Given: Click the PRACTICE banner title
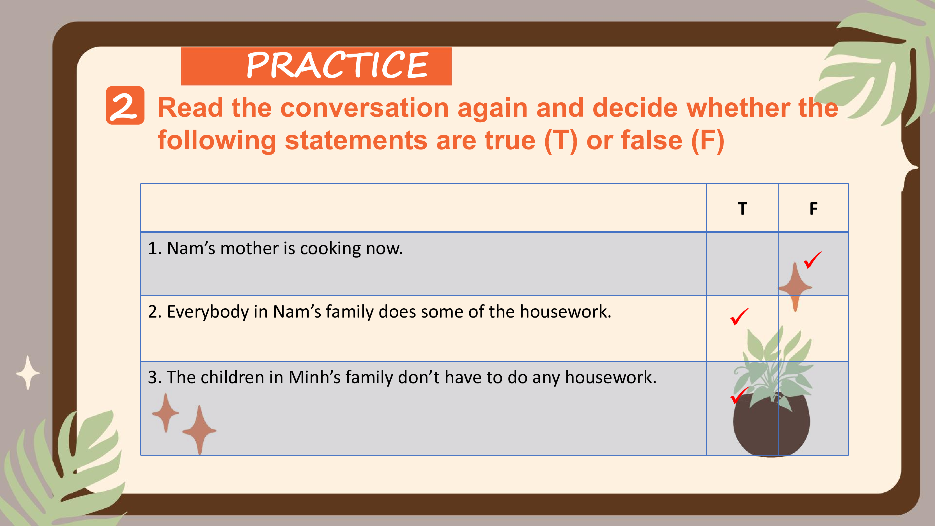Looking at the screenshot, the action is (x=337, y=65).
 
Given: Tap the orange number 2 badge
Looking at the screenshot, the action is (x=125, y=105).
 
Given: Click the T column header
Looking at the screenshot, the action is (x=742, y=209).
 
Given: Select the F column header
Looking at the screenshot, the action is (x=814, y=209).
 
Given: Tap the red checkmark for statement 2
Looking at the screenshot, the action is (x=739, y=316).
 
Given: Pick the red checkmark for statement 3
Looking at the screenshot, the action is (x=739, y=395).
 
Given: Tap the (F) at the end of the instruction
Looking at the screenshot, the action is (x=707, y=141).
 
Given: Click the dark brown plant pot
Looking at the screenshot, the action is (x=771, y=425).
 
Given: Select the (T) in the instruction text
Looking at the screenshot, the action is (x=561, y=141).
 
